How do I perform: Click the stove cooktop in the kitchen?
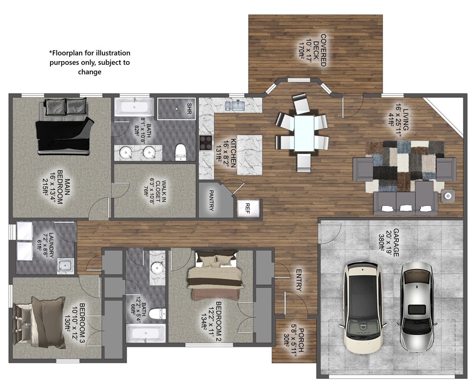[x=205, y=142]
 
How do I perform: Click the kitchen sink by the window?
[x=237, y=105]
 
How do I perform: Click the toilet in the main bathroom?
[x=180, y=151]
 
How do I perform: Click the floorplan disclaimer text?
[x=90, y=62]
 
